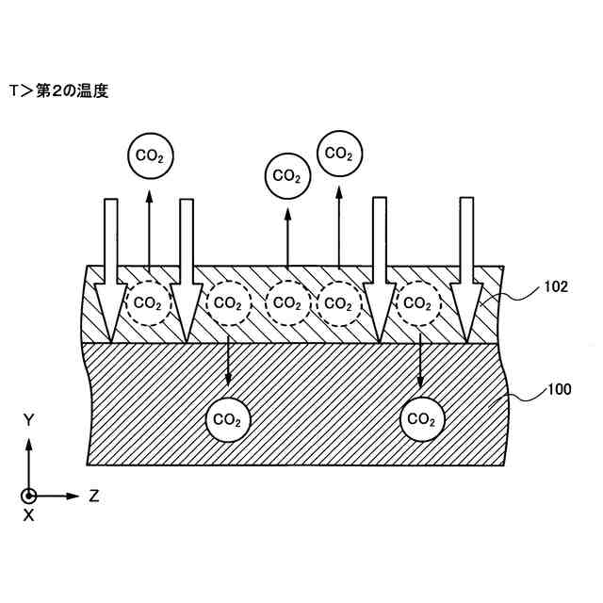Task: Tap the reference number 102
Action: [x=555, y=287]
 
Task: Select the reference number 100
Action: [x=556, y=388]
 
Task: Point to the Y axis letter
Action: [x=29, y=421]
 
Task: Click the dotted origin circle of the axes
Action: [x=29, y=495]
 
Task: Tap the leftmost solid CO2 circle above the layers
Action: [x=148, y=155]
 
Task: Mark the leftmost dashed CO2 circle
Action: [x=148, y=302]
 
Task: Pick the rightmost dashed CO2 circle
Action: [x=418, y=302]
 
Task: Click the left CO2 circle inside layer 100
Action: [x=228, y=418]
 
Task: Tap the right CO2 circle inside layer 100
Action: [x=421, y=418]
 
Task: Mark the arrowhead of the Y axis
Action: [x=29, y=444]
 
